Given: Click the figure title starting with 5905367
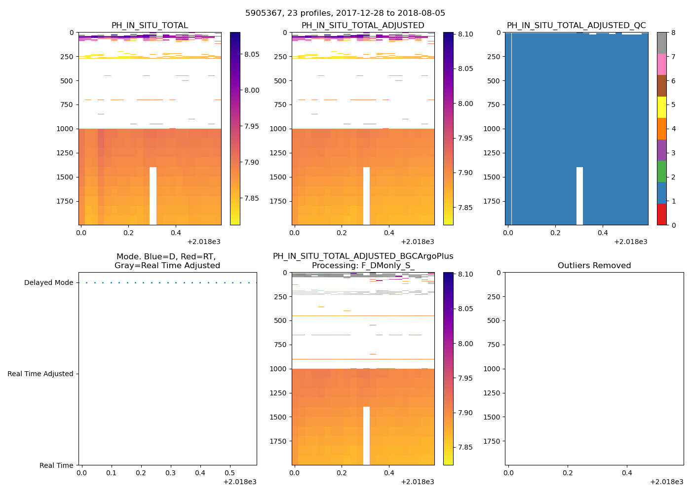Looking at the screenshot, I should (345, 13).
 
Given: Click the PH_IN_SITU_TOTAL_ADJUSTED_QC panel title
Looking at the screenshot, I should (576, 26).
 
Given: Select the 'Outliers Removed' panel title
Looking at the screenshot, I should (594, 266).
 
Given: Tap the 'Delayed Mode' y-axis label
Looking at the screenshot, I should (48, 283).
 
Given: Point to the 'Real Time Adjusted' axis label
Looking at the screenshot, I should (40, 374).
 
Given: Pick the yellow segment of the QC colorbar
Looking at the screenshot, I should (661, 107).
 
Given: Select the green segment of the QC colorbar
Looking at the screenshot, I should (661, 171).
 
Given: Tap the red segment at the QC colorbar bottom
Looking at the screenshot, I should (661, 214).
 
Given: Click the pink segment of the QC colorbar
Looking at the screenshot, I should (661, 64).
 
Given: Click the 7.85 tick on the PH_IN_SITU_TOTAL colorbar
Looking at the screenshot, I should (252, 199).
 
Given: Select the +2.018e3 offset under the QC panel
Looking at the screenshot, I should (630, 242).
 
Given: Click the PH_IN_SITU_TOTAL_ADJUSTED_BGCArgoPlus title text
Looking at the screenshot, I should (363, 256).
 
